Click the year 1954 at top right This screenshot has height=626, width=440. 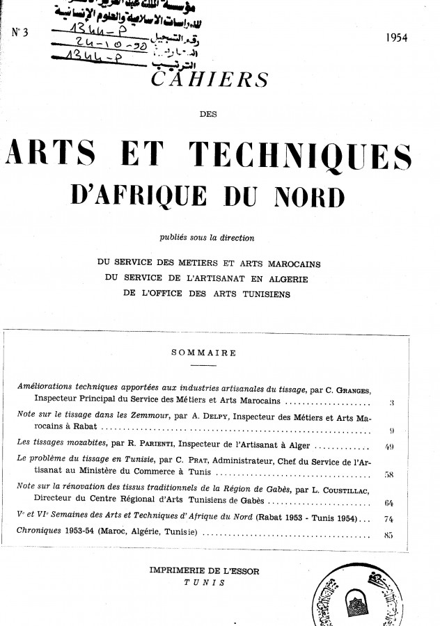tap(399, 38)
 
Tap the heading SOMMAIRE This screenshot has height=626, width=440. tap(203, 353)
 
